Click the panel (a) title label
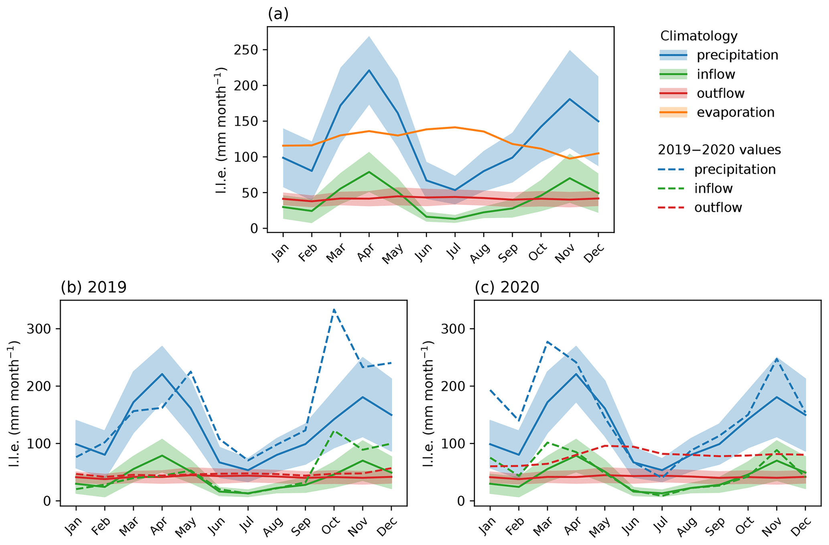(278, 14)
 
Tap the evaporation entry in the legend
(735, 113)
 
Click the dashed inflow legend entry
(713, 188)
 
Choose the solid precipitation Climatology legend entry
(737, 55)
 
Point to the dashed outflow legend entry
(718, 208)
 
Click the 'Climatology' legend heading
(699, 36)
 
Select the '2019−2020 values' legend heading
(719, 150)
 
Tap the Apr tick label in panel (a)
(365, 253)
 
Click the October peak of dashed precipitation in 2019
(334, 309)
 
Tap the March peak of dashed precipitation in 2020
(547, 342)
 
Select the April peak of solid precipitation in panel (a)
(369, 70)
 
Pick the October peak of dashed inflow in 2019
(334, 432)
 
